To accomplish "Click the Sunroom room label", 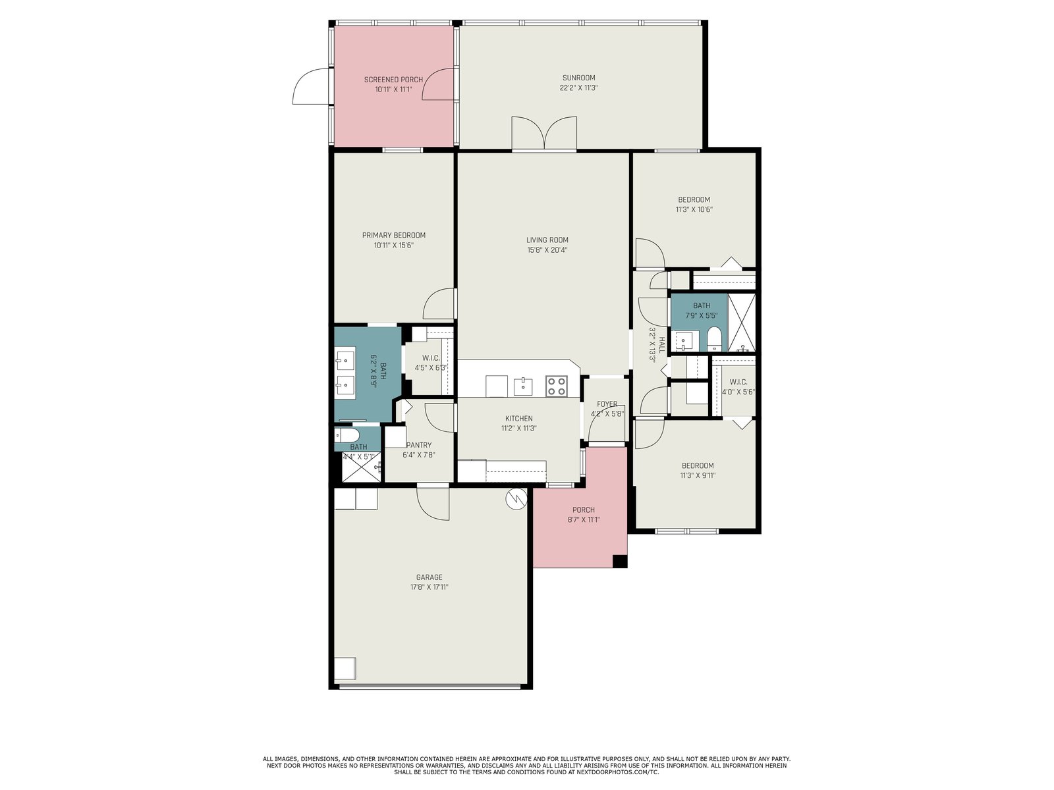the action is pyautogui.click(x=578, y=78).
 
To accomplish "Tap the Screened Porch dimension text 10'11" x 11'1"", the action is pyautogui.click(x=393, y=90).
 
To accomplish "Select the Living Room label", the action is pyautogui.click(x=547, y=240).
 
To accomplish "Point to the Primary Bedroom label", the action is pyautogui.click(x=393, y=235).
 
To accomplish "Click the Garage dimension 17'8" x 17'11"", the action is pyautogui.click(x=429, y=587).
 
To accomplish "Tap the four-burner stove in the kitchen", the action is pyautogui.click(x=557, y=386).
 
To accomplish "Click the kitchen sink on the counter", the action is pyautogui.click(x=522, y=386).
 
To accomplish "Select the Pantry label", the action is pyautogui.click(x=419, y=445).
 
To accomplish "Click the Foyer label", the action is pyautogui.click(x=607, y=404).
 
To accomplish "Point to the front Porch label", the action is pyautogui.click(x=584, y=510).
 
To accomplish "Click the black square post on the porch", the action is pyautogui.click(x=620, y=561).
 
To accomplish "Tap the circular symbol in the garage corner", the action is pyautogui.click(x=516, y=500).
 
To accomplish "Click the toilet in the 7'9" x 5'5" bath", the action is pyautogui.click(x=714, y=338).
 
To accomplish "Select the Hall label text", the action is pyautogui.click(x=661, y=346).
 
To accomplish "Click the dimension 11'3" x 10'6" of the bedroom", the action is pyautogui.click(x=694, y=209).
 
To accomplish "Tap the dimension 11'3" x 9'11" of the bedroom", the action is pyautogui.click(x=697, y=475).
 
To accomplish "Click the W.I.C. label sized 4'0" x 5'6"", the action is pyautogui.click(x=738, y=382).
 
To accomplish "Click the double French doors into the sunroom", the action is pyautogui.click(x=544, y=133).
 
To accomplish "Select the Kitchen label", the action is pyautogui.click(x=518, y=418).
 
